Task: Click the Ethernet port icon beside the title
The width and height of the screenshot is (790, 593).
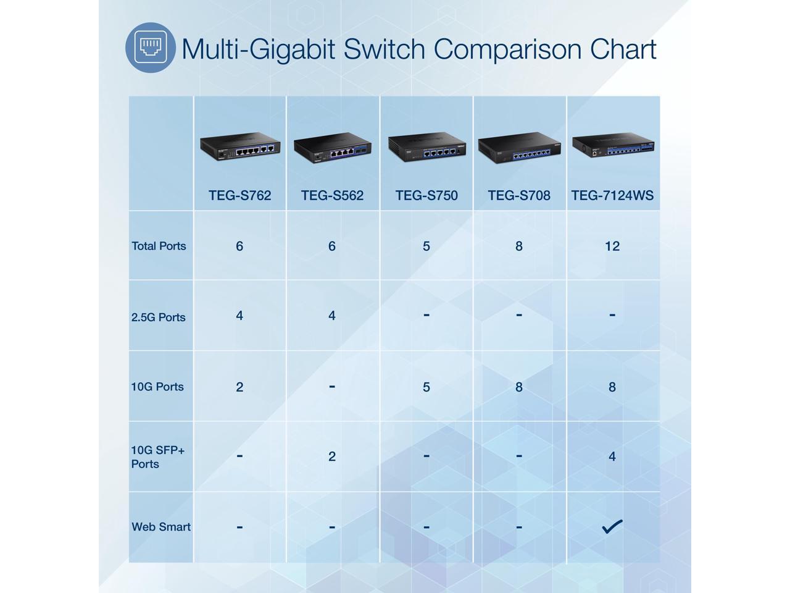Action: [x=151, y=48]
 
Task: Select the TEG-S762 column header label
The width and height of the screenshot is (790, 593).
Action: [x=239, y=196]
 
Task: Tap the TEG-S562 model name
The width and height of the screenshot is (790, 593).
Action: [x=332, y=196]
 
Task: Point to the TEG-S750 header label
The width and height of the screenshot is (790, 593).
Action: [x=426, y=196]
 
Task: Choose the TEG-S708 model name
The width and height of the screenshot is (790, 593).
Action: [x=519, y=196]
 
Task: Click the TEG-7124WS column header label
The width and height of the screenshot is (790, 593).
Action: [x=612, y=196]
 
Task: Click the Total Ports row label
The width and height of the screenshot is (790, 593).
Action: [x=159, y=246]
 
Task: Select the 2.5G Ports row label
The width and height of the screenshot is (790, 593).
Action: [x=158, y=318]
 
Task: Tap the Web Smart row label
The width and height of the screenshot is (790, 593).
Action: [x=161, y=527]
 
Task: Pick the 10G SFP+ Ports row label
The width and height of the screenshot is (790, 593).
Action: [x=157, y=457]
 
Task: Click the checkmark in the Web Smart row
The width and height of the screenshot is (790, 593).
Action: [x=612, y=526]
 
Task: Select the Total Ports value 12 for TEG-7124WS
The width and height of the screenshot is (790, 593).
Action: [x=612, y=246]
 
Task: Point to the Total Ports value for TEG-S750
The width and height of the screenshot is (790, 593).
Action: [x=426, y=246]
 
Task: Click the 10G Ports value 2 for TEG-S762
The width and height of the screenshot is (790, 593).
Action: [x=239, y=387]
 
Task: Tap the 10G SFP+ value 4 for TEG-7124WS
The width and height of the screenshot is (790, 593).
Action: [x=612, y=456]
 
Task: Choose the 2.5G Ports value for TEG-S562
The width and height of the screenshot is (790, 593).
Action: [x=332, y=316]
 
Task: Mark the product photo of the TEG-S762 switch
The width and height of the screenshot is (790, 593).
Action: [x=239, y=147]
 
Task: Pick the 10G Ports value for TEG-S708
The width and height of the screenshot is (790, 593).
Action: [x=519, y=387]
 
